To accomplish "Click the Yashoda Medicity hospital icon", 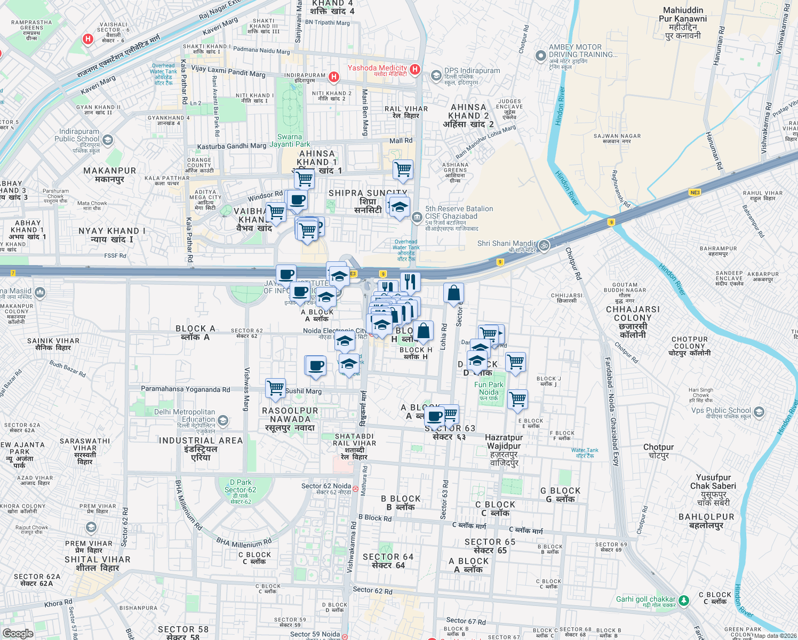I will (415, 69).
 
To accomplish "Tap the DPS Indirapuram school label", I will (472, 71).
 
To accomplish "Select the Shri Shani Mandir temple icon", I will (544, 245).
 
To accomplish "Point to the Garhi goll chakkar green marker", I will (683, 601).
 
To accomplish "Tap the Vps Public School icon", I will (759, 412).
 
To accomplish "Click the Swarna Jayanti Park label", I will (290, 140).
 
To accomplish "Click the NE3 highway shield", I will (695, 193).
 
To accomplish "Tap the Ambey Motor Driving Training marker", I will (541, 55).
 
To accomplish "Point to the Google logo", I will (18, 633).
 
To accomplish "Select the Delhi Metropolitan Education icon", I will (223, 421).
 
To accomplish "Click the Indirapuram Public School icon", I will (108, 140).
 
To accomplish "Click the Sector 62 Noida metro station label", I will (326, 486).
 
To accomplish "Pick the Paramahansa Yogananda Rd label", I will (185, 389).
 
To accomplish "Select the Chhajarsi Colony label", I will (633, 314).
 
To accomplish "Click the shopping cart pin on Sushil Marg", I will (275, 388).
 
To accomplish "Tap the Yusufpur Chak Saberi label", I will (713, 482).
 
